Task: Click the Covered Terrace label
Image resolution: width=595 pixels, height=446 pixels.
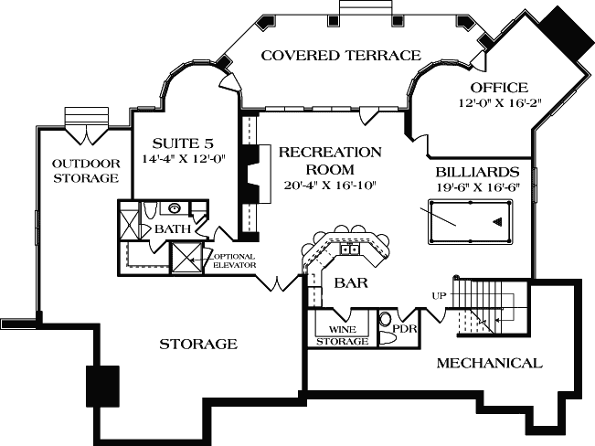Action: (341, 56)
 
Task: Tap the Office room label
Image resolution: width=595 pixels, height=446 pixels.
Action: (498, 88)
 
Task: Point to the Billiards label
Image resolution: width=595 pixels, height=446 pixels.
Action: (478, 172)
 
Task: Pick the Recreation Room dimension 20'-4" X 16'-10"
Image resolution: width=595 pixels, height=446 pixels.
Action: (329, 186)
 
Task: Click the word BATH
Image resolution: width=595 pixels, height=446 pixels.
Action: (173, 228)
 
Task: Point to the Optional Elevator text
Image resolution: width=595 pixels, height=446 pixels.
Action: (235, 260)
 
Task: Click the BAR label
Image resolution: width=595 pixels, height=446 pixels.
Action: (350, 283)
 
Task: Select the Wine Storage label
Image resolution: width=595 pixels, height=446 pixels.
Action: (343, 334)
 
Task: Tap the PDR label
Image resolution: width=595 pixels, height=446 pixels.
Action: (404, 328)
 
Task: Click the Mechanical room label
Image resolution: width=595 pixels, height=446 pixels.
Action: (488, 364)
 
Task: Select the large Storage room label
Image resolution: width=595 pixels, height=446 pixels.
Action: (198, 345)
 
